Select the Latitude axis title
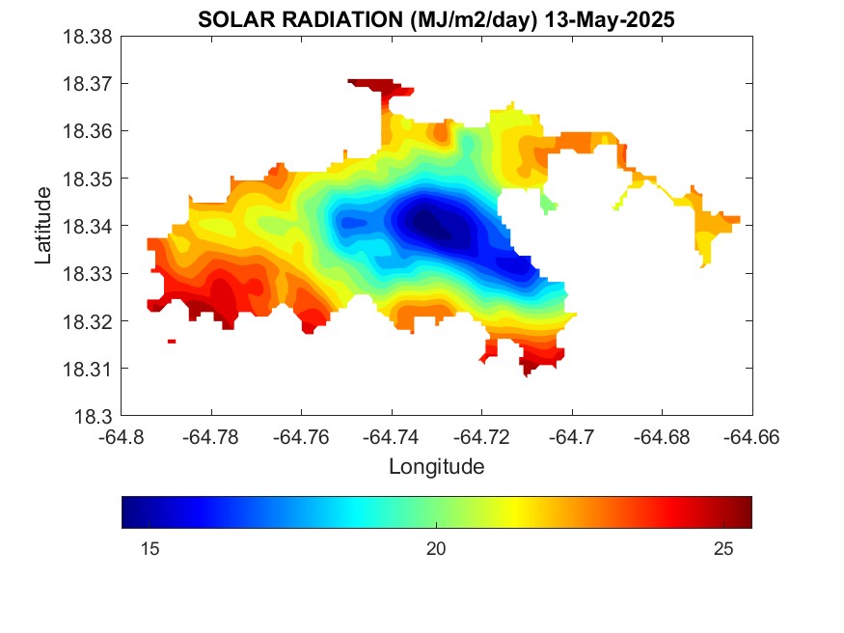click(x=43, y=226)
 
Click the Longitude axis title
click(x=436, y=467)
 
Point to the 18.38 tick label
click(x=88, y=37)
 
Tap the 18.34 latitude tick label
click(x=88, y=226)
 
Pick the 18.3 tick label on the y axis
click(x=95, y=416)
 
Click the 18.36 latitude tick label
click(x=88, y=131)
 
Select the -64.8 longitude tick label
click(x=122, y=436)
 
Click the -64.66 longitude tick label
click(x=751, y=436)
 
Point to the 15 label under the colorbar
click(x=150, y=549)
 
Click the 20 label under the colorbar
click(x=436, y=549)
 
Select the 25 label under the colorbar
click(x=723, y=549)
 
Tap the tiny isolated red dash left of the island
click(x=172, y=341)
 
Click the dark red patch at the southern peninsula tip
click(x=530, y=367)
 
